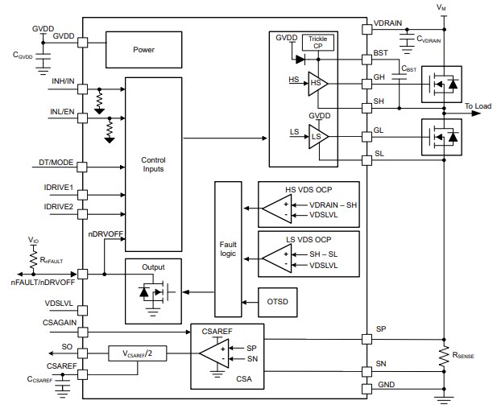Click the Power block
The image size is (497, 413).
(x=143, y=50)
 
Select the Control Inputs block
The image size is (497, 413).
(x=152, y=164)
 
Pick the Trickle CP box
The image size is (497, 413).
(x=317, y=42)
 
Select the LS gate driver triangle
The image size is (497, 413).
(x=317, y=138)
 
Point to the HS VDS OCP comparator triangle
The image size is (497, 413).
(x=276, y=210)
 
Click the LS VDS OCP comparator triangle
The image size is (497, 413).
(x=276, y=258)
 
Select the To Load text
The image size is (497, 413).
(x=479, y=105)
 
